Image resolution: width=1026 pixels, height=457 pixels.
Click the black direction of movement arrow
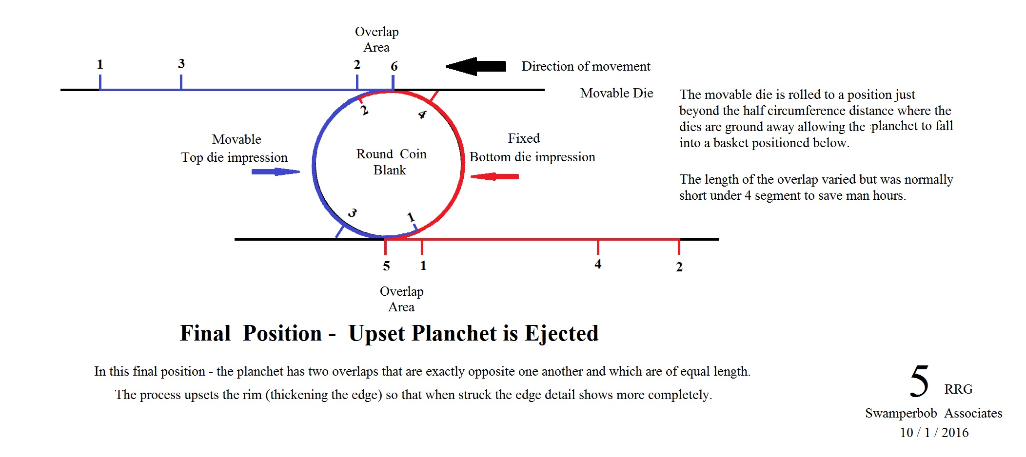[x=476, y=66]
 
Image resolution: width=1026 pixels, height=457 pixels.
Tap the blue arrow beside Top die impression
[x=276, y=171]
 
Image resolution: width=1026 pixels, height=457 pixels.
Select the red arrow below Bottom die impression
[x=494, y=176]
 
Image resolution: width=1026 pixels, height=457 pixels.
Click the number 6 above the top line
[x=394, y=66]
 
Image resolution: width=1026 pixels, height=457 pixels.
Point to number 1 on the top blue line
[x=100, y=64]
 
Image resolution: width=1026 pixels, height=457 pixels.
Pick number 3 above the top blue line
[x=181, y=64]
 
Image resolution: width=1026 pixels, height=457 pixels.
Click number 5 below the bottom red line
[x=386, y=266]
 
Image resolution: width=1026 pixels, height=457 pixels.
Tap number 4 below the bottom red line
[x=598, y=264]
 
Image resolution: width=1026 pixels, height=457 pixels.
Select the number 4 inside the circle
[x=422, y=114]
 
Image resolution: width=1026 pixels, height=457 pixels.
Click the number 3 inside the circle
[x=352, y=213]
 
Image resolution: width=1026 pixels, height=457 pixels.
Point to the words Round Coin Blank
[x=391, y=162]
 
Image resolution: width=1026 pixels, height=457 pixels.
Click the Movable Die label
[x=616, y=93]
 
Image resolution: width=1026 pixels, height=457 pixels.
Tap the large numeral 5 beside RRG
[x=920, y=381]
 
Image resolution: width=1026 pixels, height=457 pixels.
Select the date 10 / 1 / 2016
[x=934, y=433]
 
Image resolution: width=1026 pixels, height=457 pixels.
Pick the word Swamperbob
[x=901, y=413]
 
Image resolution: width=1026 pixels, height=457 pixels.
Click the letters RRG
[x=958, y=389]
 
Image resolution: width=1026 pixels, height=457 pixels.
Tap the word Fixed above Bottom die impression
[x=524, y=138]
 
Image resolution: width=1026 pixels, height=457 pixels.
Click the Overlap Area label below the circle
[x=401, y=299]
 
